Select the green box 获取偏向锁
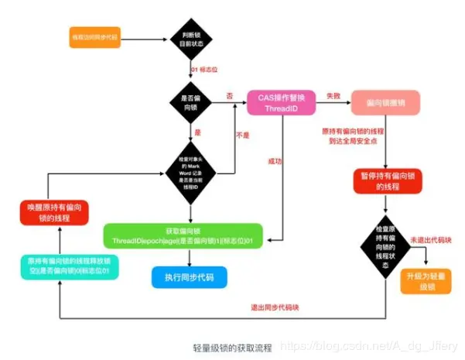[184, 235]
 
